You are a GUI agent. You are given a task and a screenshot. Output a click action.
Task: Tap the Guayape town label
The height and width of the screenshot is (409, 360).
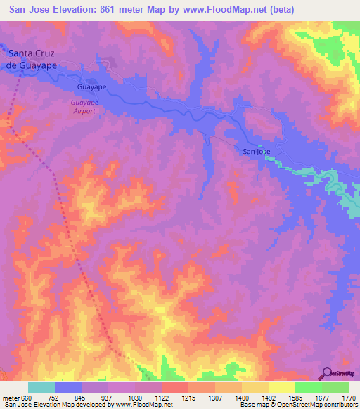(91, 88)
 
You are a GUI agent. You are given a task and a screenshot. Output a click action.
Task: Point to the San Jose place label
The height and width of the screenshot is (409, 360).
(255, 151)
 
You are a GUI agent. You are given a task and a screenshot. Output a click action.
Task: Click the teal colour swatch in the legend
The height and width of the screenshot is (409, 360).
(41, 387)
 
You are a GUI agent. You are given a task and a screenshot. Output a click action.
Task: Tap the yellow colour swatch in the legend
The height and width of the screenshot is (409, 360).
(281, 387)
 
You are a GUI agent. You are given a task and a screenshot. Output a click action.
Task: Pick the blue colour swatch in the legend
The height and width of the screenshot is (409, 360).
(68, 387)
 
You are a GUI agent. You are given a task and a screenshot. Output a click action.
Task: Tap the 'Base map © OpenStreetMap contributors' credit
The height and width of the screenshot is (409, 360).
(297, 405)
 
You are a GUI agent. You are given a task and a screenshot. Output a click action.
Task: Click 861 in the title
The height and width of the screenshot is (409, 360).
(117, 9)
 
